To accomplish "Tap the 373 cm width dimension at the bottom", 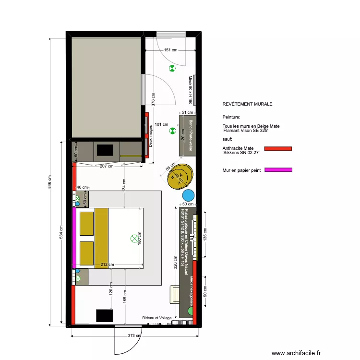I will click(128, 336).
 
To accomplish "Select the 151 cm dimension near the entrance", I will click(170, 49).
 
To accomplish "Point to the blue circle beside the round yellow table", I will click(188, 195).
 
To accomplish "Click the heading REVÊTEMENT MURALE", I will click(247, 104).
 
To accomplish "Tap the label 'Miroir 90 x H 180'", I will click(190, 90).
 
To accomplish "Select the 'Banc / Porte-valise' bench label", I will click(191, 136).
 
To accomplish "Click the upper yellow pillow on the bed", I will click(86, 224).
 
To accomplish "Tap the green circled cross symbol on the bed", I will click(134, 238).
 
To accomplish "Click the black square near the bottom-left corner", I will click(104, 315).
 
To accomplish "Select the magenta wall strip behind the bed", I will click(74, 238).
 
